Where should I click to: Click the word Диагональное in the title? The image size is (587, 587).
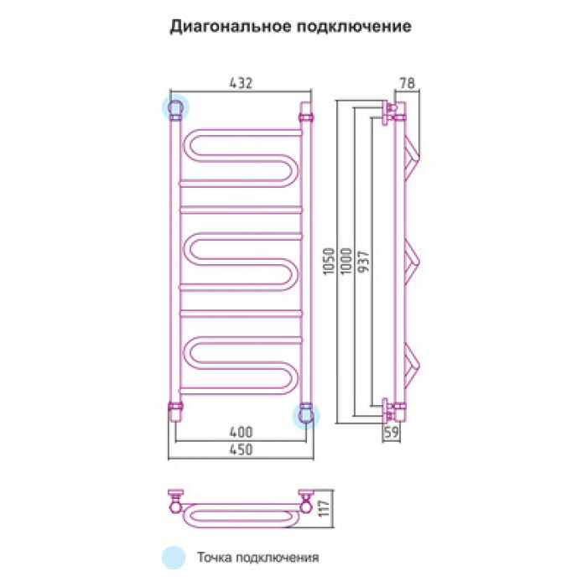[230, 27]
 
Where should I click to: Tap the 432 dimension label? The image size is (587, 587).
[241, 83]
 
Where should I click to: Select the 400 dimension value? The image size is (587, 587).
[241, 433]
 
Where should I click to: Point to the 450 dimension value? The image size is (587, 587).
[241, 449]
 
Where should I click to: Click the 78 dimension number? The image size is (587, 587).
[408, 83]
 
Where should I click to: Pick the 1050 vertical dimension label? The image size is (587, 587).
[329, 261]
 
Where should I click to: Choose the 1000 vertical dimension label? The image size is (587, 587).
[346, 261]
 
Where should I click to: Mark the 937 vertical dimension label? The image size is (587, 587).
[364, 261]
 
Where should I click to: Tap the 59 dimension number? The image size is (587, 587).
[392, 433]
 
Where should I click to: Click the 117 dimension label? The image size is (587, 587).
[325, 508]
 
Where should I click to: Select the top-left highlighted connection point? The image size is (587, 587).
[175, 107]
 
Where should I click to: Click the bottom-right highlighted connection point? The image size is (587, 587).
[306, 416]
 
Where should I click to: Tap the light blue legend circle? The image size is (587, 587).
[174, 558]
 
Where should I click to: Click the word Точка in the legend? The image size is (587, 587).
[215, 558]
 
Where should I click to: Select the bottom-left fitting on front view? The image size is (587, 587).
[175, 412]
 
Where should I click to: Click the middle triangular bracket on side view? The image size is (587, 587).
[413, 262]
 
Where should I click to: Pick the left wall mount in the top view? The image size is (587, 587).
[175, 501]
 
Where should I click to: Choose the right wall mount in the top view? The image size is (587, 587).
[306, 501]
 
